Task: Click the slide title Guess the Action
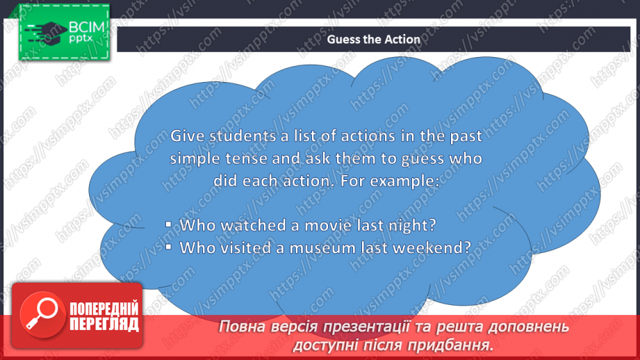point(373,39)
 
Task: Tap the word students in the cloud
point(243,136)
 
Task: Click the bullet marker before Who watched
point(169,224)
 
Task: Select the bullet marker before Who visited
point(169,247)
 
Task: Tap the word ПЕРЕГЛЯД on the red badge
point(104,324)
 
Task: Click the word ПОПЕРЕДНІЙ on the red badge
point(104,308)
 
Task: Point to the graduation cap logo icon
point(46,33)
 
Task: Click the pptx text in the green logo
point(81,39)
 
